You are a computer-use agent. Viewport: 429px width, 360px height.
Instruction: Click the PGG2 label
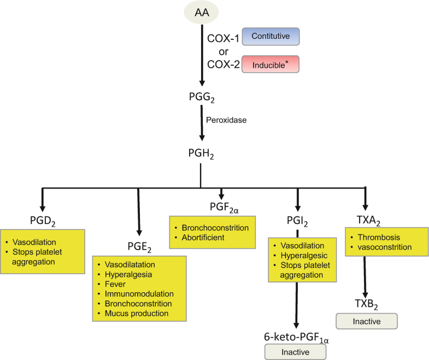coord(201,97)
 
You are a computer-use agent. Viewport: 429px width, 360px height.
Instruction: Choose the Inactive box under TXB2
coord(366,320)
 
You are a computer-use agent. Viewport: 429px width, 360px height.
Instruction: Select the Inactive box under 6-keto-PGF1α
coord(295,352)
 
